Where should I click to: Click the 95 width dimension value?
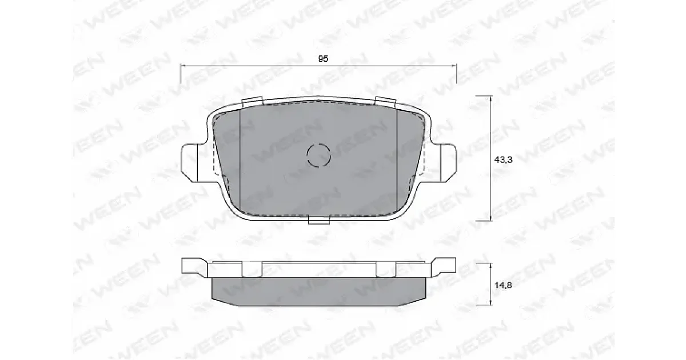[x=323, y=58]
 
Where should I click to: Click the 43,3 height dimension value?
[x=503, y=159]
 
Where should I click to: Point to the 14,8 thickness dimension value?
[x=503, y=285]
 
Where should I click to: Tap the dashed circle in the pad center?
[x=319, y=155]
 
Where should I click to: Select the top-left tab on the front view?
[x=252, y=101]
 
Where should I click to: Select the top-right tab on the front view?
[x=385, y=101]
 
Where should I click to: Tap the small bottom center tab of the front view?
[x=319, y=219]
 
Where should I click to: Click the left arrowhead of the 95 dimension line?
[x=182, y=66]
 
